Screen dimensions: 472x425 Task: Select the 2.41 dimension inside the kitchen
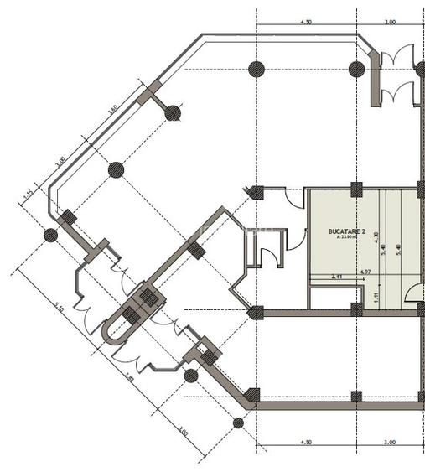(x=337, y=276)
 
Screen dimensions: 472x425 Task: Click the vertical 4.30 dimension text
(x=376, y=237)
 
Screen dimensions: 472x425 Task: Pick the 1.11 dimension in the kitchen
(x=376, y=295)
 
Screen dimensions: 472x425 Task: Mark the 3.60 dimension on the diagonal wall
(x=111, y=107)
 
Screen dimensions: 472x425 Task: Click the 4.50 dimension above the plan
(x=305, y=23)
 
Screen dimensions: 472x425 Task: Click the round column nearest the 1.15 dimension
(x=50, y=235)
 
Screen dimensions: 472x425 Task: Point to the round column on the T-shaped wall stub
(x=173, y=112)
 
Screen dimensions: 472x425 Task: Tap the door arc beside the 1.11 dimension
(x=412, y=293)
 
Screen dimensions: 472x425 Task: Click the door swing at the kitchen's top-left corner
(x=294, y=200)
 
